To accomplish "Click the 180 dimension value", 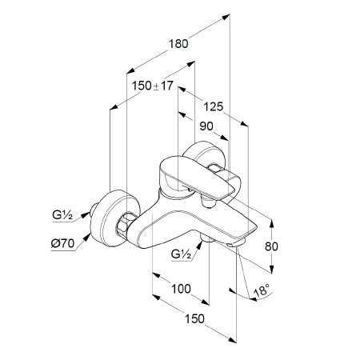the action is [178, 44].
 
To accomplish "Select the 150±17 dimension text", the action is [153, 86].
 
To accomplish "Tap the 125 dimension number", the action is [214, 107].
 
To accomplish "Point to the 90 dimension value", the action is [206, 126].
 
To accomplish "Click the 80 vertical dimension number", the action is [271, 246].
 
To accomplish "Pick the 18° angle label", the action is [262, 290].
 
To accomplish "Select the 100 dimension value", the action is [181, 289].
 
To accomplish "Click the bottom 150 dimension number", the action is [194, 318].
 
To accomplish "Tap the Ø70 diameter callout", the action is [62, 243].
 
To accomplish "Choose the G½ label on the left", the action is [62, 215].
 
